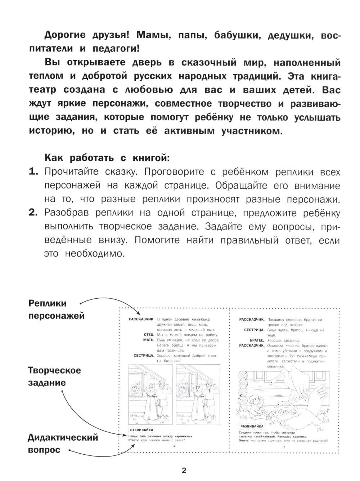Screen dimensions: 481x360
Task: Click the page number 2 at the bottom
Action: point(184,471)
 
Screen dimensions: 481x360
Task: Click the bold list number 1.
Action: point(33,172)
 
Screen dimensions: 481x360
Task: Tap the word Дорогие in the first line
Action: point(65,35)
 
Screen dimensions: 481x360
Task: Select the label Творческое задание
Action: point(54,377)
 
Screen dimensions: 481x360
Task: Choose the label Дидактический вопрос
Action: point(63,444)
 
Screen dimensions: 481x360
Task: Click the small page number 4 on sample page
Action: point(174,447)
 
